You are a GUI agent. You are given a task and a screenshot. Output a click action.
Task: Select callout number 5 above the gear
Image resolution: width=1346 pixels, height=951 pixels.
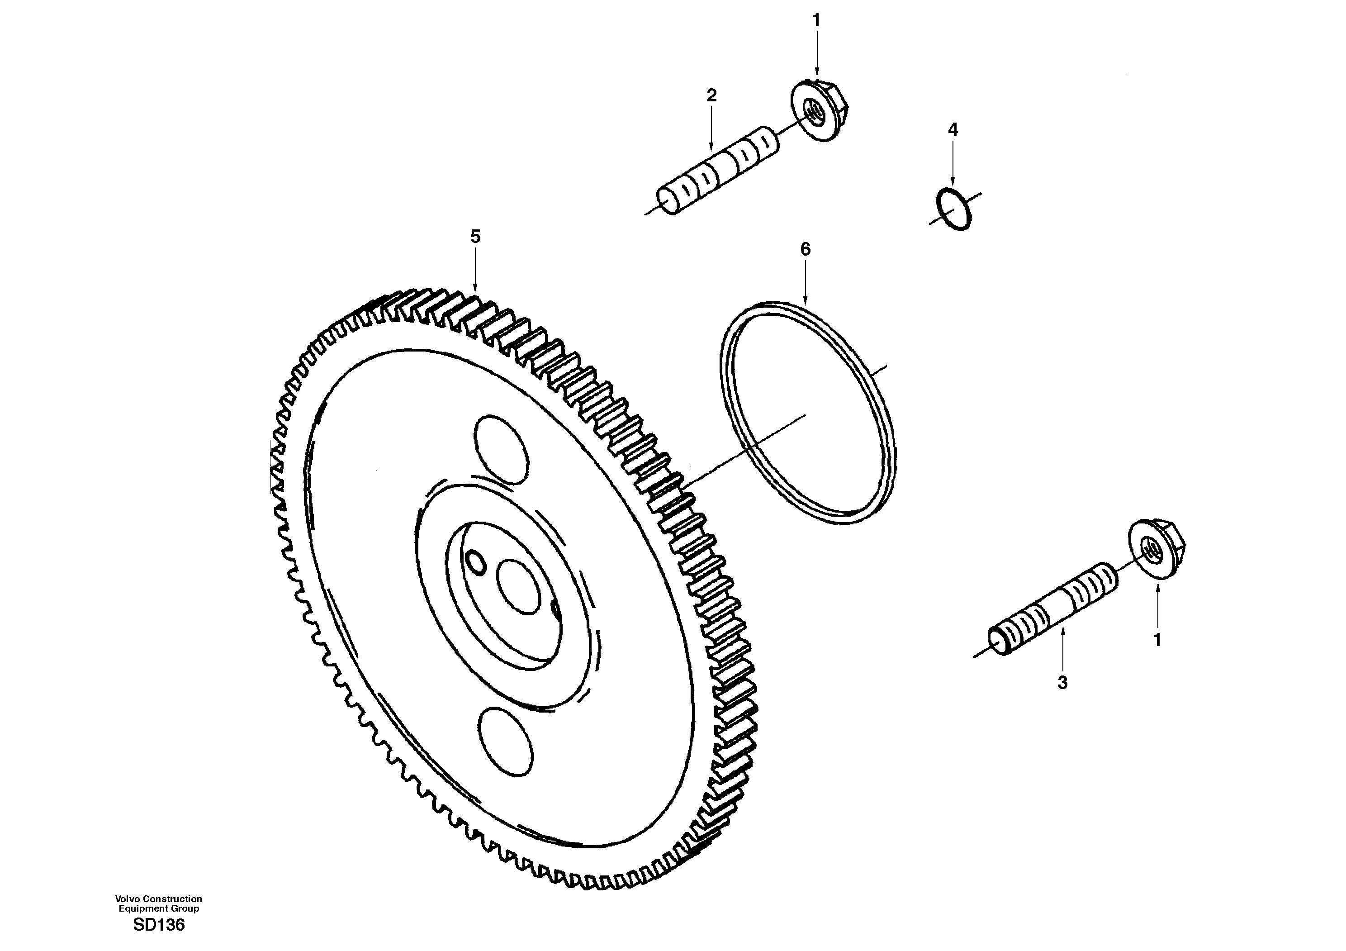tap(475, 237)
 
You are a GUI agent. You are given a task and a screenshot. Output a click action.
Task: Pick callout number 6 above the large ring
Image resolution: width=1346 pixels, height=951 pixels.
tap(806, 250)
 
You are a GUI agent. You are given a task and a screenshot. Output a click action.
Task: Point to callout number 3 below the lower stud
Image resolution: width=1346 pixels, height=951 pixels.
tap(1062, 682)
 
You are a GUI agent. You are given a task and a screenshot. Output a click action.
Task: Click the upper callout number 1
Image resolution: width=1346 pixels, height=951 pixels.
tap(816, 20)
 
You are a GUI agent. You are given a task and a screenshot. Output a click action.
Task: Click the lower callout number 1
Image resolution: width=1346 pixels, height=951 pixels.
tap(1157, 641)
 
